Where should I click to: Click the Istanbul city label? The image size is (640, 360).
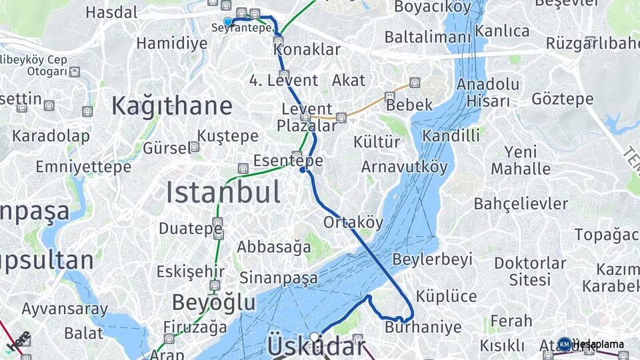pos(223,193)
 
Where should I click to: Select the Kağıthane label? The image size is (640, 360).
pos(171,106)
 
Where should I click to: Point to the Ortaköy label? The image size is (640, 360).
pos(353,222)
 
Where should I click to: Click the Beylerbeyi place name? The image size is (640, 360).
pos(433,259)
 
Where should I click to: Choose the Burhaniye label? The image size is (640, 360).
pos(423,327)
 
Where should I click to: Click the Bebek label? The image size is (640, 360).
pos(409,105)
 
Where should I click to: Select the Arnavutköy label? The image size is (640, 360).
pos(405,167)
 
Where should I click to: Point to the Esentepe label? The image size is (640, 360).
pos(288,161)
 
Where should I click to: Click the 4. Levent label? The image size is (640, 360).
pos(283,81)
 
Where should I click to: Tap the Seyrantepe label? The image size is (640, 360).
pos(241,28)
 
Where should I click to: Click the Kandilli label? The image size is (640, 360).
pos(451,136)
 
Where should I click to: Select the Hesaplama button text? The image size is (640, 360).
pos(599,345)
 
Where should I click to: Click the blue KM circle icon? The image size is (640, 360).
pos(565,344)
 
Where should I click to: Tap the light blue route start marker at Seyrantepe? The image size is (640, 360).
pos(228,21)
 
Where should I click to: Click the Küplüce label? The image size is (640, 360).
pos(446,296)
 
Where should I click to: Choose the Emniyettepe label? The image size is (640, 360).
pos(83,167)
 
